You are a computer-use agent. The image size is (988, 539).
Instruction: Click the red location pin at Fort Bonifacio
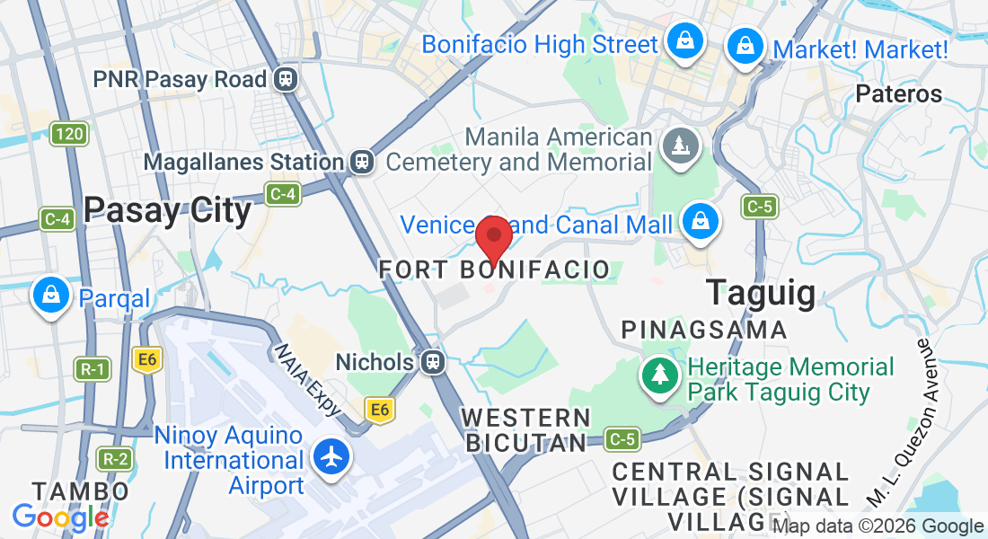pos(493,237)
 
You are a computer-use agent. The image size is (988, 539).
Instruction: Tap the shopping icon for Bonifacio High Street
pos(684,42)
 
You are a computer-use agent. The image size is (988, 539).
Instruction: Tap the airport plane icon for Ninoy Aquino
pos(332,457)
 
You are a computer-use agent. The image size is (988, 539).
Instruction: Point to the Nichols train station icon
pos(433,362)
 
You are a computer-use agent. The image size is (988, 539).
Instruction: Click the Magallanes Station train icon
pos(362,162)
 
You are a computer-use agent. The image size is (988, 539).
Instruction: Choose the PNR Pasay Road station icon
pos(287,79)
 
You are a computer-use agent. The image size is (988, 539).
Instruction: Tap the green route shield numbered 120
pos(68,135)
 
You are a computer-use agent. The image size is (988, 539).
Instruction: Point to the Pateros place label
pos(898,94)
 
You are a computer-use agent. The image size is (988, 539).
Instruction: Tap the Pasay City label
pos(167,210)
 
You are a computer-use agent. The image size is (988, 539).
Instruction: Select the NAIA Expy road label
pos(308,380)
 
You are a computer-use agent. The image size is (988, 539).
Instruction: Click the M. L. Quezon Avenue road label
pos(907,422)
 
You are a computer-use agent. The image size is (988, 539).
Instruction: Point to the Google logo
pos(59,517)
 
